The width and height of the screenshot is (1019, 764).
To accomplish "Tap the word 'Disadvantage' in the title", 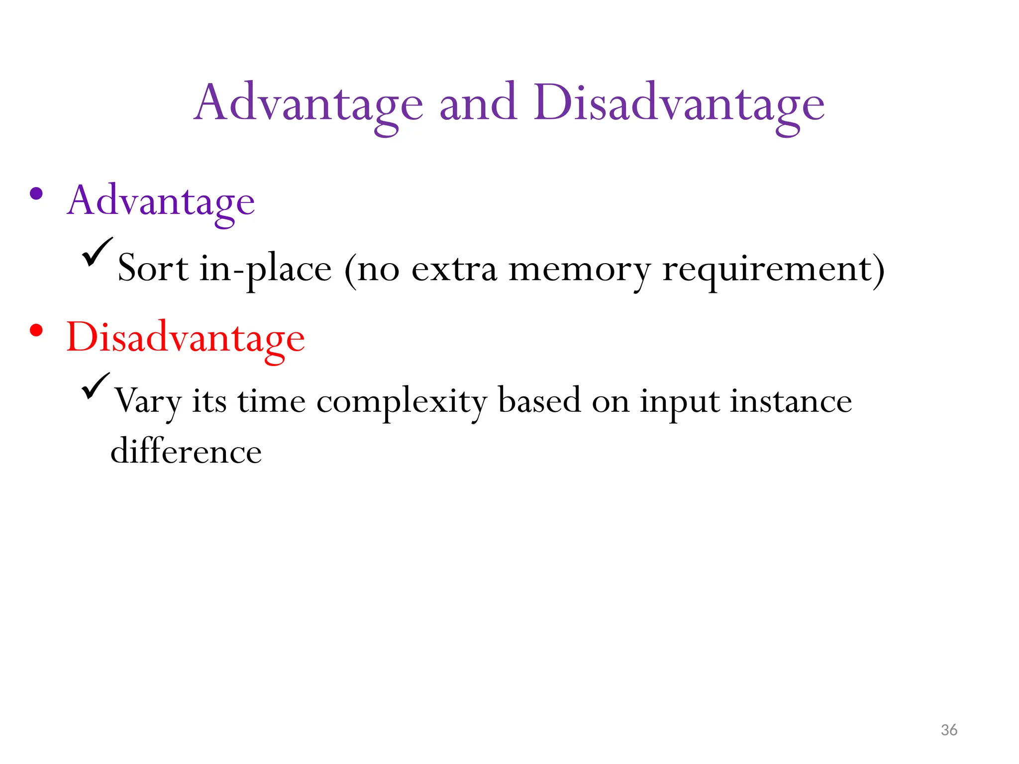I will pos(679,104).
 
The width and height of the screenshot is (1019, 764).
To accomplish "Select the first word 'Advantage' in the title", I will pos(308,104).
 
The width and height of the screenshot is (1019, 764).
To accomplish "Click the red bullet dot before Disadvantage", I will pos(36,330).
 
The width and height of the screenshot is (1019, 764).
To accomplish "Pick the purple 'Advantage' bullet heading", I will pos(161,201).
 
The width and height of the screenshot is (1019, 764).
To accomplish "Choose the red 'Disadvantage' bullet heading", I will pos(185,338).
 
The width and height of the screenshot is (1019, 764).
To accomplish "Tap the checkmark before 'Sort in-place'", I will pos(97,252).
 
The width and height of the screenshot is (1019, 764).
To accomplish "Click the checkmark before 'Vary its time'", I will pos(96,385).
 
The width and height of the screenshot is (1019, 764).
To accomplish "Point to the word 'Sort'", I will pos(153,269).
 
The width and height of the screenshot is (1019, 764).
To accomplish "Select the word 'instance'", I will pos(791,401).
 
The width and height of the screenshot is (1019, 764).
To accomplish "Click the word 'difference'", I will pos(186,452).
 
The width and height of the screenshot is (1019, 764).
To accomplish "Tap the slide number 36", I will pos(949,730).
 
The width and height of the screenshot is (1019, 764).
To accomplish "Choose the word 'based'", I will pos(539,400).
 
